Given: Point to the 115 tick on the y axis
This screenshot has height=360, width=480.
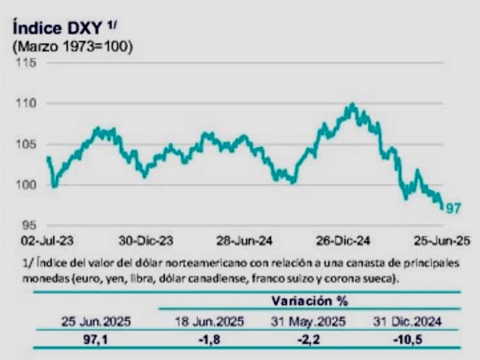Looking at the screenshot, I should coord(28,63).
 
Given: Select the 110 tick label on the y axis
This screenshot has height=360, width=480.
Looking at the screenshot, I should coord(28,103).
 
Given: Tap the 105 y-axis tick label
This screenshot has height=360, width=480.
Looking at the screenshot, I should coord(28,144).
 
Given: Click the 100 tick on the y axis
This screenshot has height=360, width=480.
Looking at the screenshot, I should coord(28,185).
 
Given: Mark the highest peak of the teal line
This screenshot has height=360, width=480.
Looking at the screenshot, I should coord(353,104).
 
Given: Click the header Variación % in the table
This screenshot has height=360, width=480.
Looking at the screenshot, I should coord(309,300).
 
